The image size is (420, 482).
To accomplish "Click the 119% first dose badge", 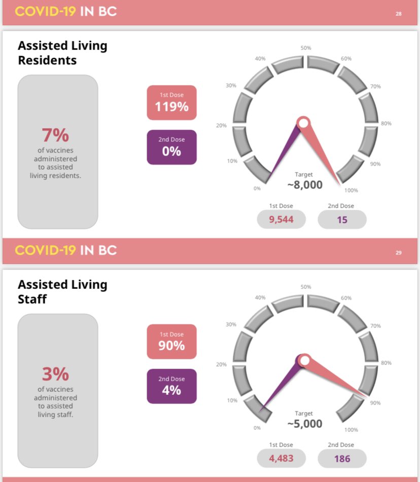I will click(171, 103).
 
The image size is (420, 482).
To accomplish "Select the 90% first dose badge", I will click(171, 342).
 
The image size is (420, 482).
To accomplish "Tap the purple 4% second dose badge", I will click(171, 386).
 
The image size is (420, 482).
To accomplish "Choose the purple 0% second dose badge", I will click(171, 147).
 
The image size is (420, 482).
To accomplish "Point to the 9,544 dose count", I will click(282, 219).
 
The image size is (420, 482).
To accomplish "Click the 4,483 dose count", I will click(282, 459).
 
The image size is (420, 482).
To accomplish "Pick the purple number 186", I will click(342, 459).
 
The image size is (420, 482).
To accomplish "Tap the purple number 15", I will click(342, 219).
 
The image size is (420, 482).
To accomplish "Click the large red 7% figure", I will click(55, 135).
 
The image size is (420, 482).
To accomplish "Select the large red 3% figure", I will click(55, 375).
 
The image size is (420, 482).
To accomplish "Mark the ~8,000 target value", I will click(304, 185).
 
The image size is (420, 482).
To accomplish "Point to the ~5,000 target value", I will click(304, 424).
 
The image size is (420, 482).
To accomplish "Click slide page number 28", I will click(399, 14).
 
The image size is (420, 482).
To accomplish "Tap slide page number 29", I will click(399, 252).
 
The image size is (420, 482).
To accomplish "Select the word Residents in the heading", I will click(47, 60).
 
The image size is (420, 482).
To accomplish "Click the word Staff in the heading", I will click(32, 299).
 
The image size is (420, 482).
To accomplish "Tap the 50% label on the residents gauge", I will click(306, 48).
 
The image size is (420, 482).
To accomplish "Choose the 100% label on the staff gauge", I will click(351, 430).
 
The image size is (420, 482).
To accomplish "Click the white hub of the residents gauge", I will click(303, 123).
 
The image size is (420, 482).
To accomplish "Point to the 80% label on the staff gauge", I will click(386, 363).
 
